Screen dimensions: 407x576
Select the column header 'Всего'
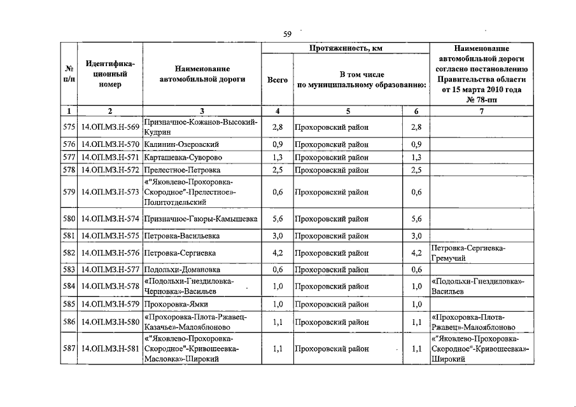[x=277, y=81]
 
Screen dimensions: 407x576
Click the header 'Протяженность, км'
[x=346, y=48]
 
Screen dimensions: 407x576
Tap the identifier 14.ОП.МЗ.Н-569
[x=110, y=127]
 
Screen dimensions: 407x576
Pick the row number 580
[x=69, y=219]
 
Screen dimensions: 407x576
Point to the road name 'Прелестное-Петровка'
[x=183, y=170]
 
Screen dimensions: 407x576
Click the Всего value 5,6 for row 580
[x=277, y=219]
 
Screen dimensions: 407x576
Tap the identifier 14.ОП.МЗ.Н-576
[x=110, y=252]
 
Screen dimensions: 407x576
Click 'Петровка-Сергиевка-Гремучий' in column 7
[x=472, y=252]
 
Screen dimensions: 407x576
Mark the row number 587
[x=69, y=349]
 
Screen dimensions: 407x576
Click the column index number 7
[x=481, y=111]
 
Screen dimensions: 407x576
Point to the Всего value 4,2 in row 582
[x=277, y=252]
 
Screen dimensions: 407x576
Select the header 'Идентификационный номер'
[x=110, y=74]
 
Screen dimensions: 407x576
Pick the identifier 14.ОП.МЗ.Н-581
[x=110, y=349]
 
